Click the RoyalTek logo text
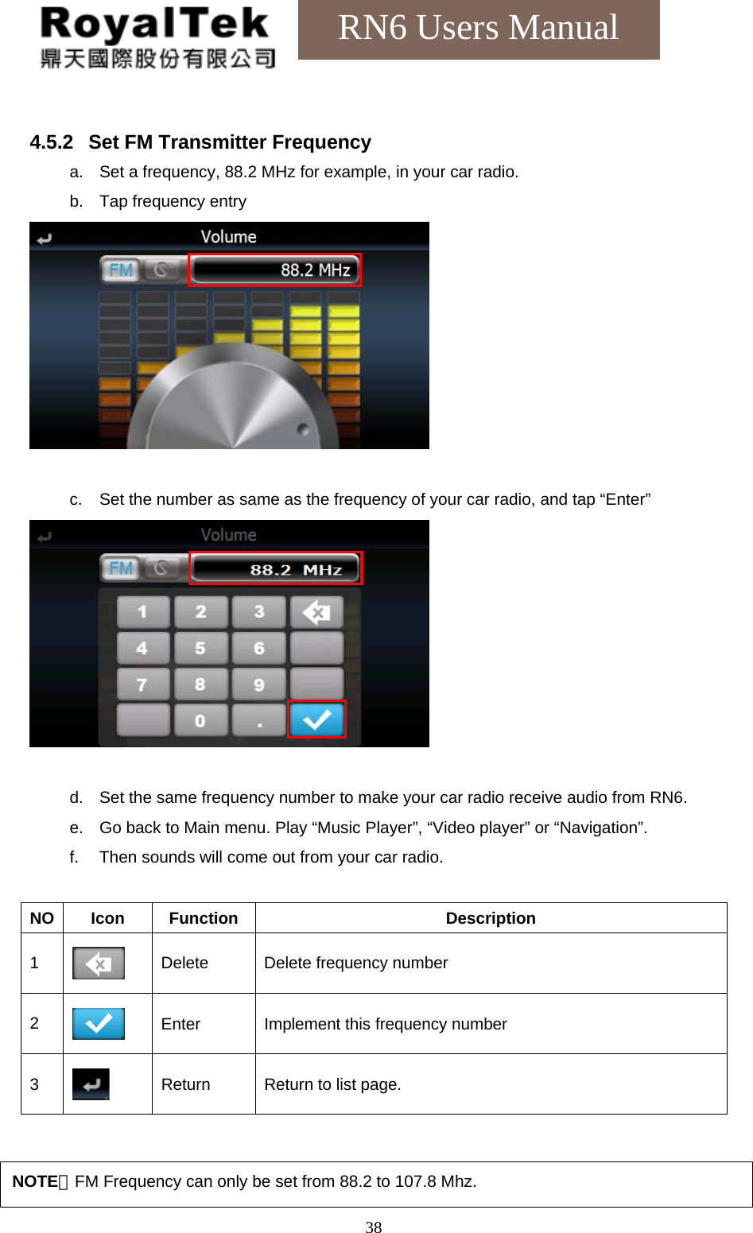point(154,25)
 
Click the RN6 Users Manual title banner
point(478,29)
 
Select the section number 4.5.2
point(51,142)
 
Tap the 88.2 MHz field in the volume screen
point(275,270)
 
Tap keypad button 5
point(200,649)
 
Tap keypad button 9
point(259,684)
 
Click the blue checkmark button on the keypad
point(316,719)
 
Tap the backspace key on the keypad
point(316,612)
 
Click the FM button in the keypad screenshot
point(121,568)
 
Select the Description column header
point(491,918)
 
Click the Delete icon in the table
point(99,964)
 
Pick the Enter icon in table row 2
point(99,1024)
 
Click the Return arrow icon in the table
point(91,1084)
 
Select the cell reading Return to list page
point(332,1084)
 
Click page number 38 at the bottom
point(374,1227)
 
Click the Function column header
point(204,918)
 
